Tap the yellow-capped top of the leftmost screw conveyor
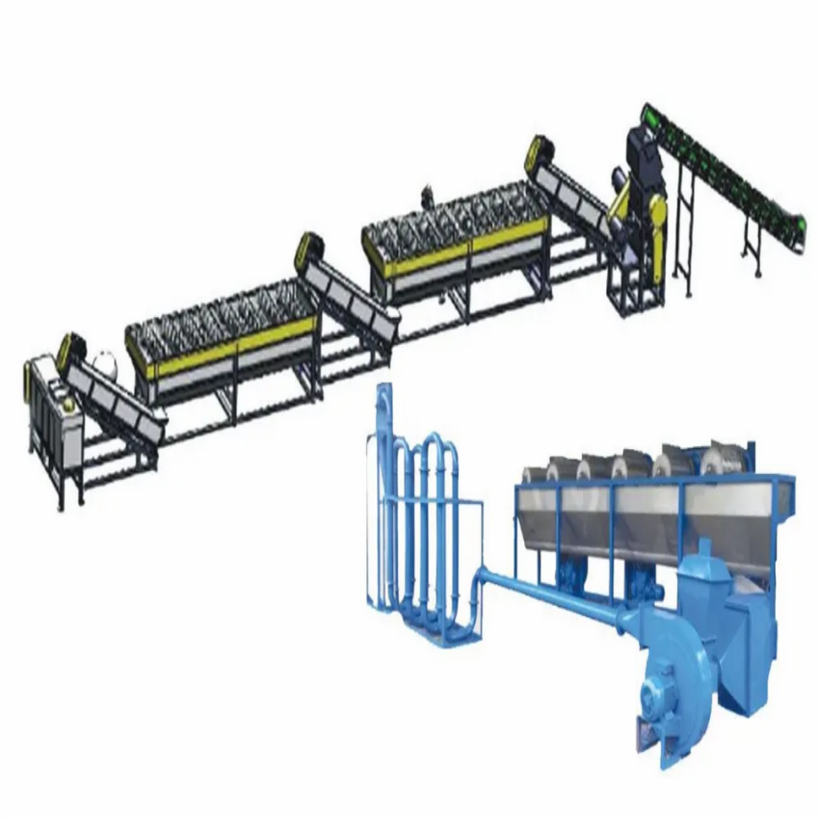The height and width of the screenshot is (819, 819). point(69,349)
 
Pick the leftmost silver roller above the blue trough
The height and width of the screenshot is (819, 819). point(536,474)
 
